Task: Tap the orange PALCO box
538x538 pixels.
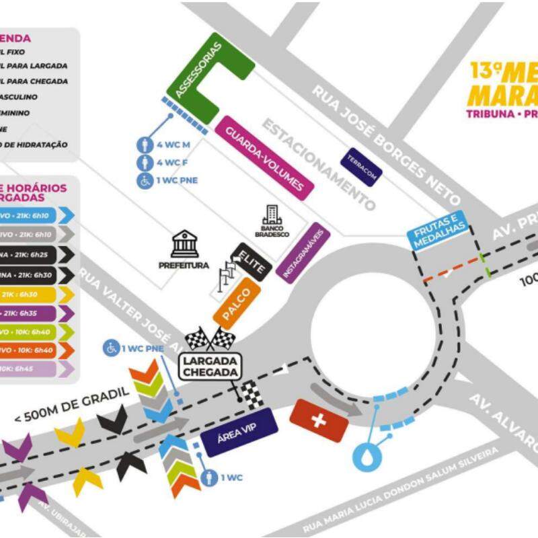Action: tap(236, 303)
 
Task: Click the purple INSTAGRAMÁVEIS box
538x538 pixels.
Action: tap(303, 252)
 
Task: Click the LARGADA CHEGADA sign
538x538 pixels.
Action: tap(209, 367)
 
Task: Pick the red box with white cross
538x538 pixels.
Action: tap(319, 420)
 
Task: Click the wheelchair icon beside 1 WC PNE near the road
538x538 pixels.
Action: tap(110, 348)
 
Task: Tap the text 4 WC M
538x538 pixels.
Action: tap(174, 145)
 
